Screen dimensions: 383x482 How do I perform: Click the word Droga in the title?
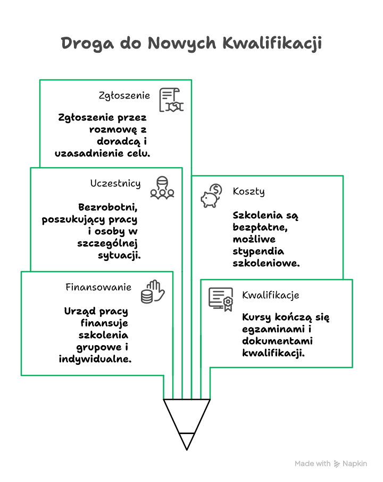tap(87, 43)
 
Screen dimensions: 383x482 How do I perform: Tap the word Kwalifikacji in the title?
tap(272, 43)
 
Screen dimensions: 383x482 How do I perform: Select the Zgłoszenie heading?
tap(124, 95)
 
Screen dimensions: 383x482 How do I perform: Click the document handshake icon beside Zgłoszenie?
tap(171, 100)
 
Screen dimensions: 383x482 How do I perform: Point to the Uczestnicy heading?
tap(115, 184)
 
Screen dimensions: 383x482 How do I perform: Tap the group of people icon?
tap(162, 187)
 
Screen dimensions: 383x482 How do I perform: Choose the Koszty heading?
tap(248, 192)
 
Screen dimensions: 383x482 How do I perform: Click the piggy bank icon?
tap(211, 195)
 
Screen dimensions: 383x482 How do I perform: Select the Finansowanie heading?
tap(98, 287)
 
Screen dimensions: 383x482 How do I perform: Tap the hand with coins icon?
tap(153, 292)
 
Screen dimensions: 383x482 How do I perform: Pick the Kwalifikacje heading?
tap(271, 296)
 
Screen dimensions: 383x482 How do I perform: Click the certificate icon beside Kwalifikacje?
tap(221, 299)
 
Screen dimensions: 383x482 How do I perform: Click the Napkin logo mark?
tap(337, 464)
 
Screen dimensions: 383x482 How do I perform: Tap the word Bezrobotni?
tap(108, 208)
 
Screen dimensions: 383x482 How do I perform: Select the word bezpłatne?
tap(260, 227)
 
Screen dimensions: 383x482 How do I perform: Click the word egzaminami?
tap(273, 330)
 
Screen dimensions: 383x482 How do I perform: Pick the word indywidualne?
tap(95, 359)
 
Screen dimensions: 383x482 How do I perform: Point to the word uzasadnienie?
tap(89, 153)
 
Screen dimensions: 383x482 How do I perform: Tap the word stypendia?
tap(259, 252)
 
